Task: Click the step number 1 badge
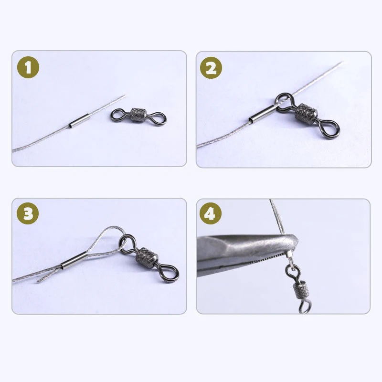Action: [28, 67]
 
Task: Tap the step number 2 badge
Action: [211, 68]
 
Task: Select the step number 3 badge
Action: [28, 213]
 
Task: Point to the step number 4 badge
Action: [211, 213]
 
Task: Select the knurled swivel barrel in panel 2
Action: [306, 112]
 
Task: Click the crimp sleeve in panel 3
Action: [74, 260]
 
